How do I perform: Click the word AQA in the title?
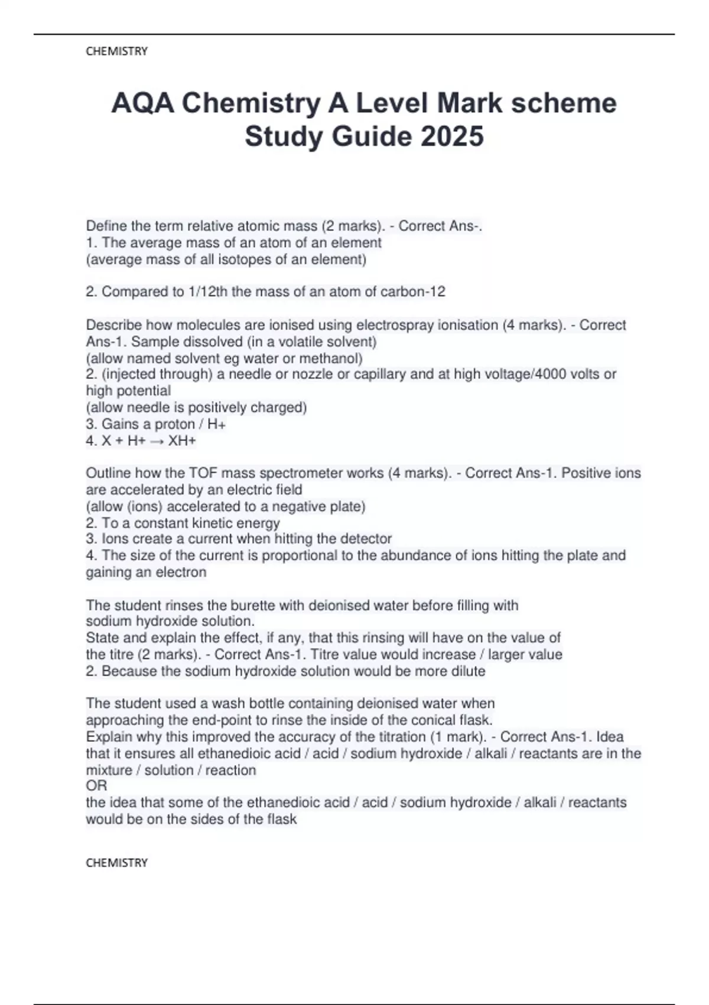(x=142, y=103)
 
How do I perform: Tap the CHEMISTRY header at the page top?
(x=116, y=51)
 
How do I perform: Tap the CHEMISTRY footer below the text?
(x=116, y=863)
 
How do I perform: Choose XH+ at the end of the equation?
(x=182, y=441)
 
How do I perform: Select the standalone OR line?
(x=96, y=786)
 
